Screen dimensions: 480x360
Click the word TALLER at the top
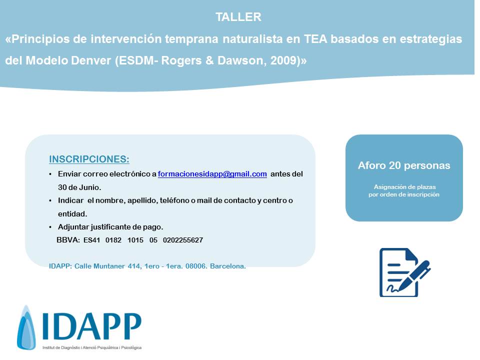tap(238, 17)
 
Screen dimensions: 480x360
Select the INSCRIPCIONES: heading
tap(89, 159)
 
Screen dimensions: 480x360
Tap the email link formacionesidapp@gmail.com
tap(212, 174)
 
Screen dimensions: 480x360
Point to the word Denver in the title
tap(91, 60)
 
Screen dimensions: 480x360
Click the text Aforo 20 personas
tap(404, 165)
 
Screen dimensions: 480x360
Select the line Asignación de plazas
tap(404, 186)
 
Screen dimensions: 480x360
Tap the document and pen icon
tap(404, 272)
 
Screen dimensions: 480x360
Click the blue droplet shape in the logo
tap(26, 327)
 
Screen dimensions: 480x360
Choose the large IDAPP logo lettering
tap(92, 326)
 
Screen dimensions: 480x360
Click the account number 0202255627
tap(183, 240)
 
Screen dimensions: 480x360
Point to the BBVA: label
tap(68, 240)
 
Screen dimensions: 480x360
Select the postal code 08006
tap(196, 266)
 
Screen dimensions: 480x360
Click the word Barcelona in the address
tap(228, 266)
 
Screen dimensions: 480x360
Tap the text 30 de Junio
tap(79, 187)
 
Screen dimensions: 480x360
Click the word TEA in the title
tap(315, 39)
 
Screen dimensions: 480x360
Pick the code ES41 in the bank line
tap(92, 240)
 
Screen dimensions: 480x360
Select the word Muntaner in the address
tap(109, 266)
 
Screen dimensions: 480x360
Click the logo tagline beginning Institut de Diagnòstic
tap(92, 348)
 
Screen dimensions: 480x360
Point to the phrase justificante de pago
tap(126, 227)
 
